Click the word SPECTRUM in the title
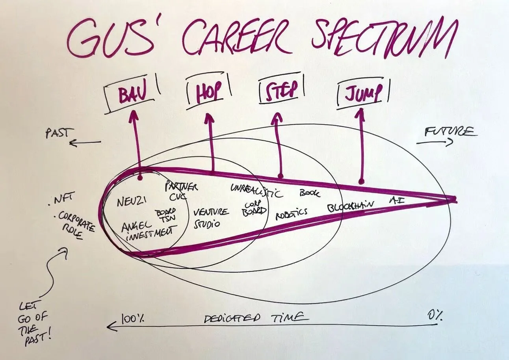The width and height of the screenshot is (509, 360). pos(384,37)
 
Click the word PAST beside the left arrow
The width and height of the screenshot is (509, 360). pos(57,133)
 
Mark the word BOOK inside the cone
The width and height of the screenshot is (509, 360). pos(310,193)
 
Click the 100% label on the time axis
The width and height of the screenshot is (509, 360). pos(132,318)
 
